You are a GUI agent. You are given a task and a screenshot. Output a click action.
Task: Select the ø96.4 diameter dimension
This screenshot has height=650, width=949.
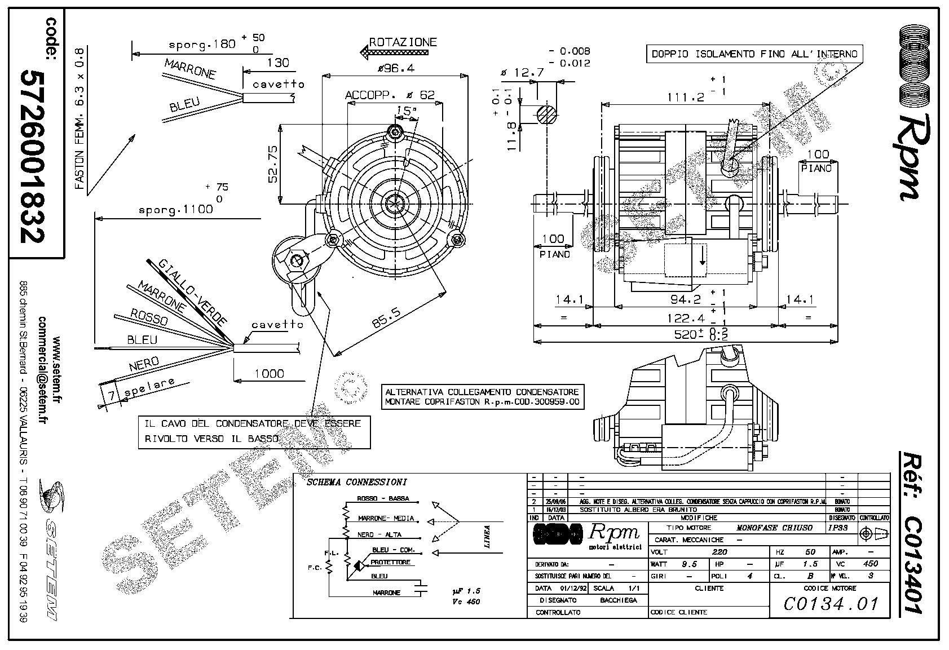[x=395, y=68]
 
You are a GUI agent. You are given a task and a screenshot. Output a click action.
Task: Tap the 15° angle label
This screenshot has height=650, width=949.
[x=405, y=111]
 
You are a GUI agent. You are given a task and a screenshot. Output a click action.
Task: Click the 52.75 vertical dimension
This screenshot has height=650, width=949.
[x=273, y=164]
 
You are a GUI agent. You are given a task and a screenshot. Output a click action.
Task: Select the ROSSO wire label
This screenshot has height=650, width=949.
[x=149, y=317]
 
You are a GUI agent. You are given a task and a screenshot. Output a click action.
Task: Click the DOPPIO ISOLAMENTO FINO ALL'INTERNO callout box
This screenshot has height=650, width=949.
[x=754, y=54]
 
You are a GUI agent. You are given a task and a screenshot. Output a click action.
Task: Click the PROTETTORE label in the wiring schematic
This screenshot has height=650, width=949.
[x=391, y=563]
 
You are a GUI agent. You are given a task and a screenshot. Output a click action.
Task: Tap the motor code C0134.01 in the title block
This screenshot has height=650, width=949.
[x=831, y=604]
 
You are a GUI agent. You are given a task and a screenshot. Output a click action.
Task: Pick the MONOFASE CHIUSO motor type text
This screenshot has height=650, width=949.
[x=775, y=528]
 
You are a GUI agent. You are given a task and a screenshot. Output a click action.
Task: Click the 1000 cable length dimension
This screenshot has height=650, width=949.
[x=269, y=373]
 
